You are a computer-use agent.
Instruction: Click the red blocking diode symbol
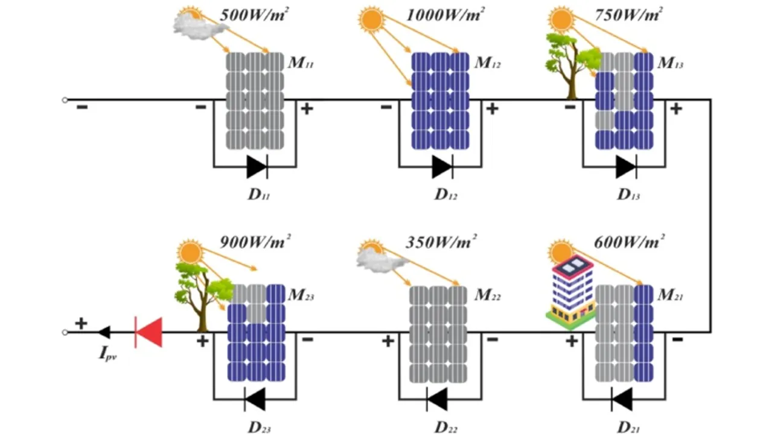click(148, 332)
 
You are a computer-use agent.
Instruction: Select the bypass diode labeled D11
click(257, 166)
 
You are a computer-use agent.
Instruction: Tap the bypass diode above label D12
click(442, 166)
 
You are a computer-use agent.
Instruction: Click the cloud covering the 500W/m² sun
click(192, 28)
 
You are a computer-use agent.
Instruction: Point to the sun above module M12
click(371, 19)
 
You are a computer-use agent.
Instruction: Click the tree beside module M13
click(568, 63)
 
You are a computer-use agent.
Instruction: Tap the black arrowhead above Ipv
click(104, 332)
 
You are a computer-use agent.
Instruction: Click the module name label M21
click(671, 295)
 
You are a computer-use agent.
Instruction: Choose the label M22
click(488, 295)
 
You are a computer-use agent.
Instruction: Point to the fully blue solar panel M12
click(440, 101)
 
